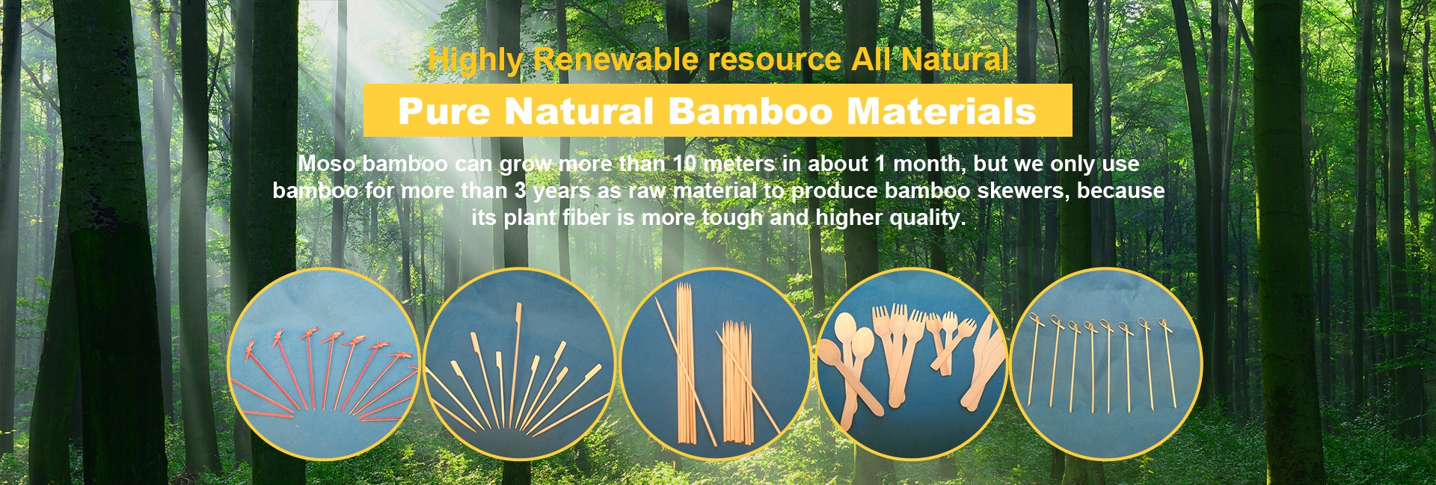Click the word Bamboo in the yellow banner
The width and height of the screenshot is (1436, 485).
[750, 111]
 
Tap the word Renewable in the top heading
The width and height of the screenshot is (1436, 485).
[615, 59]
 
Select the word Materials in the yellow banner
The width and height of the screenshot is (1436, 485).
[942, 111]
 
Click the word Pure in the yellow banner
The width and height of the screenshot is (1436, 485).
[444, 111]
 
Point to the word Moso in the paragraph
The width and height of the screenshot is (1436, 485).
[327, 164]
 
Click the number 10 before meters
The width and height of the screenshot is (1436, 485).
[684, 164]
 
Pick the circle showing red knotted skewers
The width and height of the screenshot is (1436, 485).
[324, 364]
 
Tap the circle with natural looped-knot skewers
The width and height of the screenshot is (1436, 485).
[1106, 364]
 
